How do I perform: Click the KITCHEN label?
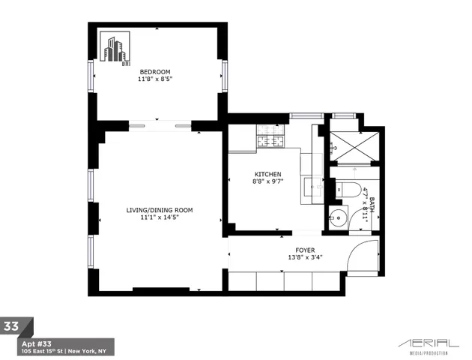click(267, 174)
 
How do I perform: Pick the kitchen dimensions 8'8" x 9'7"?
click(267, 181)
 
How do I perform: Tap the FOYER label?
click(305, 250)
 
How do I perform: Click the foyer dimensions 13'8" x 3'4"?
click(305, 257)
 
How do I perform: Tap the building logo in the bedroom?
click(115, 49)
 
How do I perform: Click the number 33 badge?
click(13, 326)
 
